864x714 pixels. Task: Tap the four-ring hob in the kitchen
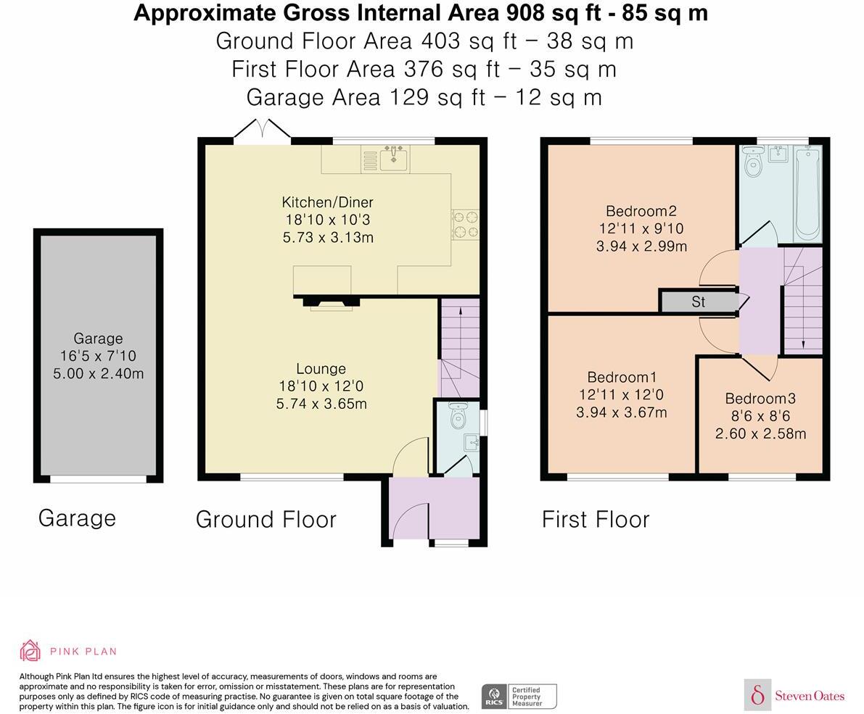[466, 225]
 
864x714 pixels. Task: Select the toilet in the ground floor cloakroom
[458, 416]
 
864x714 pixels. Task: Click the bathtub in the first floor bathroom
[808, 194]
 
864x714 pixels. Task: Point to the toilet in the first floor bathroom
[752, 160]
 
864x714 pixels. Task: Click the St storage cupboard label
[698, 302]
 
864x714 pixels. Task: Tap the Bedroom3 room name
[760, 398]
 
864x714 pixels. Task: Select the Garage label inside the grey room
[98, 339]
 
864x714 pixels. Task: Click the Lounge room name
[321, 369]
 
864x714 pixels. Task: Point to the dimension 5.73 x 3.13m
[329, 237]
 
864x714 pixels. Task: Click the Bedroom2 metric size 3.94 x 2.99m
[641, 246]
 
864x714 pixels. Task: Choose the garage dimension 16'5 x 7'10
[98, 356]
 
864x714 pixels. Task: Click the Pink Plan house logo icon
[30, 650]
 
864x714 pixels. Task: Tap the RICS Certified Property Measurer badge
[519, 697]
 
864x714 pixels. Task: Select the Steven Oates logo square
[757, 694]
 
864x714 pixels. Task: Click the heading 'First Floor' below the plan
[596, 519]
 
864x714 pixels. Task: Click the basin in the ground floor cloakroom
[471, 442]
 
